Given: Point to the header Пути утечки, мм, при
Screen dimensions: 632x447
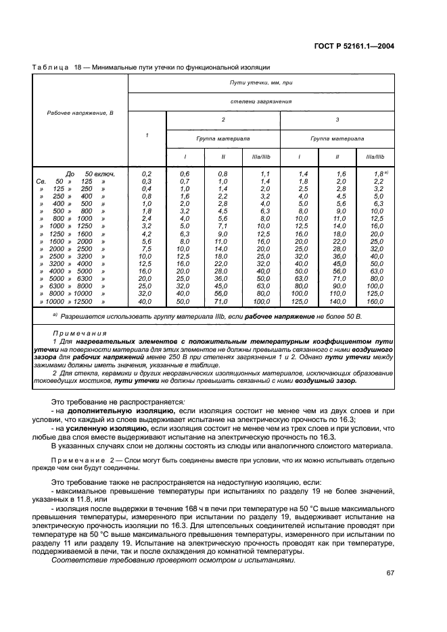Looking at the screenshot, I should [261, 81].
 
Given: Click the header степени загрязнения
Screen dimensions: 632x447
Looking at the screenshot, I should [261, 101].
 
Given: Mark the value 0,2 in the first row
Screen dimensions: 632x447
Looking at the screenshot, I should [146, 174].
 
